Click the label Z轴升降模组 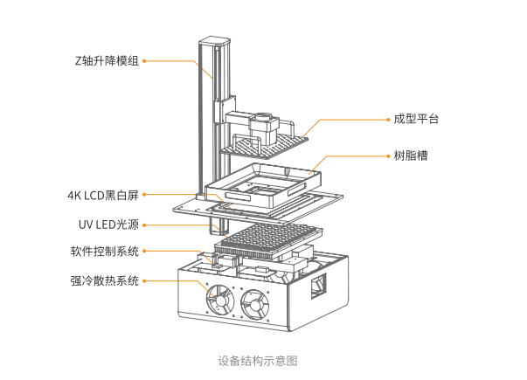(x=107, y=61)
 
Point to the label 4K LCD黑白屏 (x=102, y=195)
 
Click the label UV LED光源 (x=108, y=224)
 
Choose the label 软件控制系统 (x=104, y=252)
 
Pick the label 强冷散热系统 (x=104, y=281)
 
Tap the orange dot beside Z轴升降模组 (x=144, y=61)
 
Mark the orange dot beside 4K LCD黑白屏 (x=144, y=195)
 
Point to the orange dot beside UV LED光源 (x=144, y=224)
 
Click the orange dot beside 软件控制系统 (x=144, y=252)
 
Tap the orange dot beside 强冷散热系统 (x=144, y=281)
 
